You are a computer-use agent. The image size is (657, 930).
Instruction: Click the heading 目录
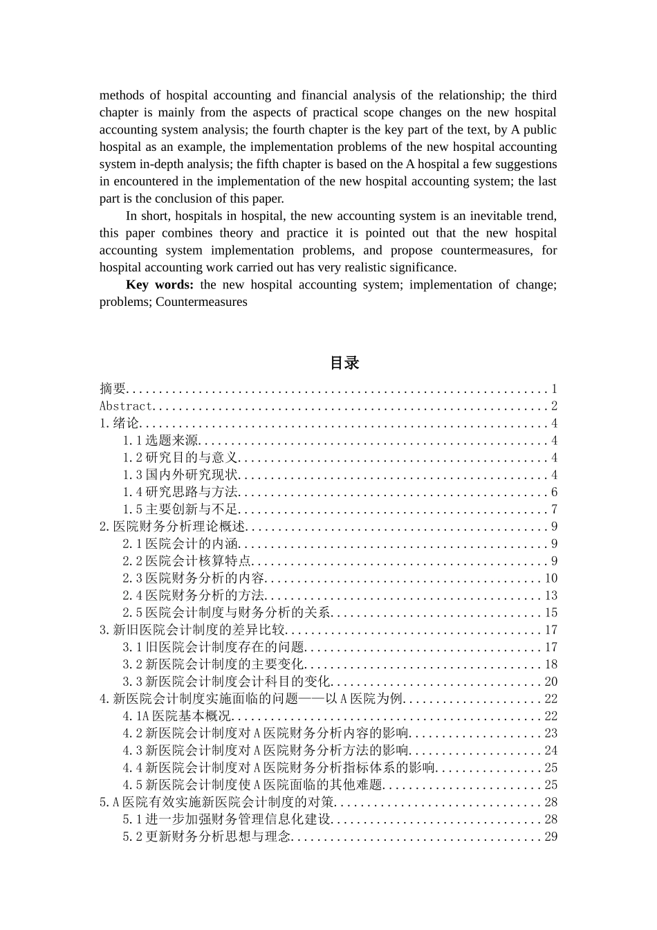pos(344,363)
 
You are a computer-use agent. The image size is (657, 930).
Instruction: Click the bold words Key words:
pos(159,285)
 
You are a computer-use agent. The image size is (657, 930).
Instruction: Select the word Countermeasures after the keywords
pos(201,302)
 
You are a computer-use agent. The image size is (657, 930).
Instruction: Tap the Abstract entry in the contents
pos(125,406)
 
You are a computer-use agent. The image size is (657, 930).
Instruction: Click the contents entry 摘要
pos(113,389)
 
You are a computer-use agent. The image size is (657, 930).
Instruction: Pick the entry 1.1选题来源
pos(160,441)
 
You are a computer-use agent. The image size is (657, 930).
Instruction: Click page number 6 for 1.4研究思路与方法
pos(554,492)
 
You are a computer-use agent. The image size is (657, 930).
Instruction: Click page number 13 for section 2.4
pos(550,596)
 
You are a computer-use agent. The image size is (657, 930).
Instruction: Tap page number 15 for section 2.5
pos(550,613)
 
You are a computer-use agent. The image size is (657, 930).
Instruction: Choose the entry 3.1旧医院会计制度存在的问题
pos(214,647)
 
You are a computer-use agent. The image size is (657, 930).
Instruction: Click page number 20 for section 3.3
pos(550,682)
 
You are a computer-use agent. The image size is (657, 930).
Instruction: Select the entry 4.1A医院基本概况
pos(177,716)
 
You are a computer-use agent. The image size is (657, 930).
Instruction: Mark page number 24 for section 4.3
pos(550,751)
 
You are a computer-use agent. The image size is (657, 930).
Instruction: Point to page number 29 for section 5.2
pos(550,837)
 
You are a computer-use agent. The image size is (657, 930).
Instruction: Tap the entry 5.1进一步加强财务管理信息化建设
pos(228,819)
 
